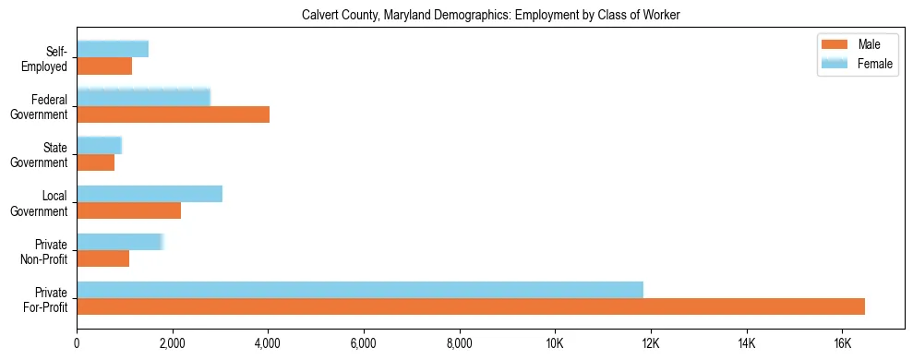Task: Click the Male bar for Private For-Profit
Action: tap(471, 306)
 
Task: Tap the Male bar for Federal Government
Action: tap(173, 114)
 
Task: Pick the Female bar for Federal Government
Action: tap(143, 97)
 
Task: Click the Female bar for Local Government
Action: tap(150, 193)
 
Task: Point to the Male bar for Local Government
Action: tap(128, 210)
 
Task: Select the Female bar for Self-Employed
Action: tap(113, 49)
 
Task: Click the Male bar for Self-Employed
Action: tap(104, 66)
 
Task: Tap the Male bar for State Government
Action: tap(95, 162)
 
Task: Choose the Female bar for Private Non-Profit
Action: tap(120, 242)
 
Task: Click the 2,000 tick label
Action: tap(173, 344)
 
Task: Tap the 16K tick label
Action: tap(842, 344)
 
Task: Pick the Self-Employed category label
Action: tap(46, 58)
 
